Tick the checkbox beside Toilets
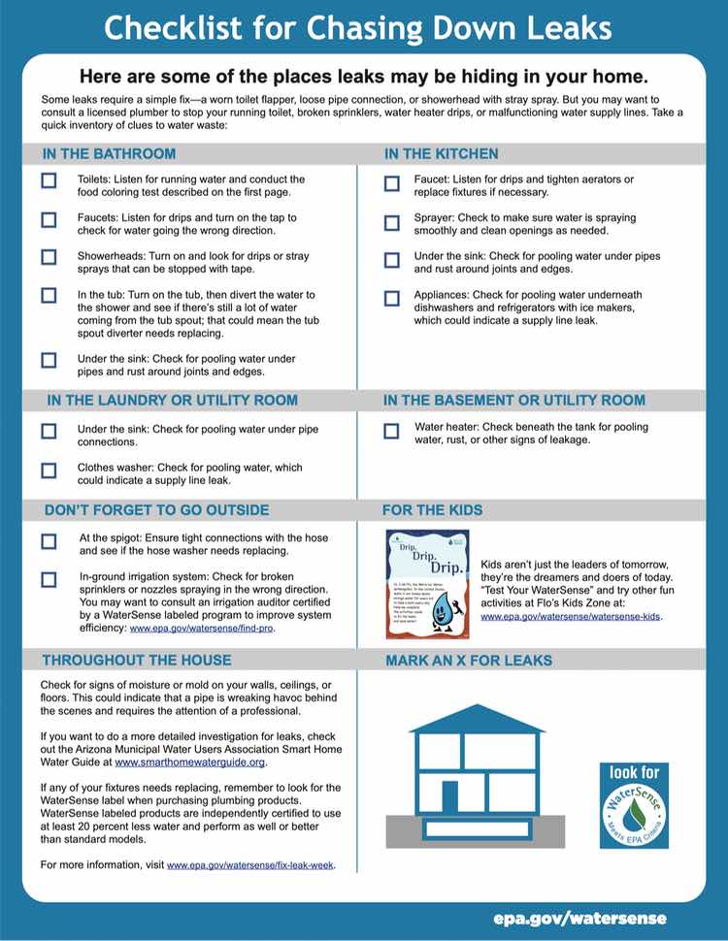49,180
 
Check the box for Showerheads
49,257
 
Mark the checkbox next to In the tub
49,295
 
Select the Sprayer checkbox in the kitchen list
391,222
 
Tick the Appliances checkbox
391,298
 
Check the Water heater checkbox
391,431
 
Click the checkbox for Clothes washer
49,470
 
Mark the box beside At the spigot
49,540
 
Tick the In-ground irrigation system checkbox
49,579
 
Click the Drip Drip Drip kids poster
427,584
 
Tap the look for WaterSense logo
633,804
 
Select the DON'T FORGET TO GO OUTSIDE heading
156,510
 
